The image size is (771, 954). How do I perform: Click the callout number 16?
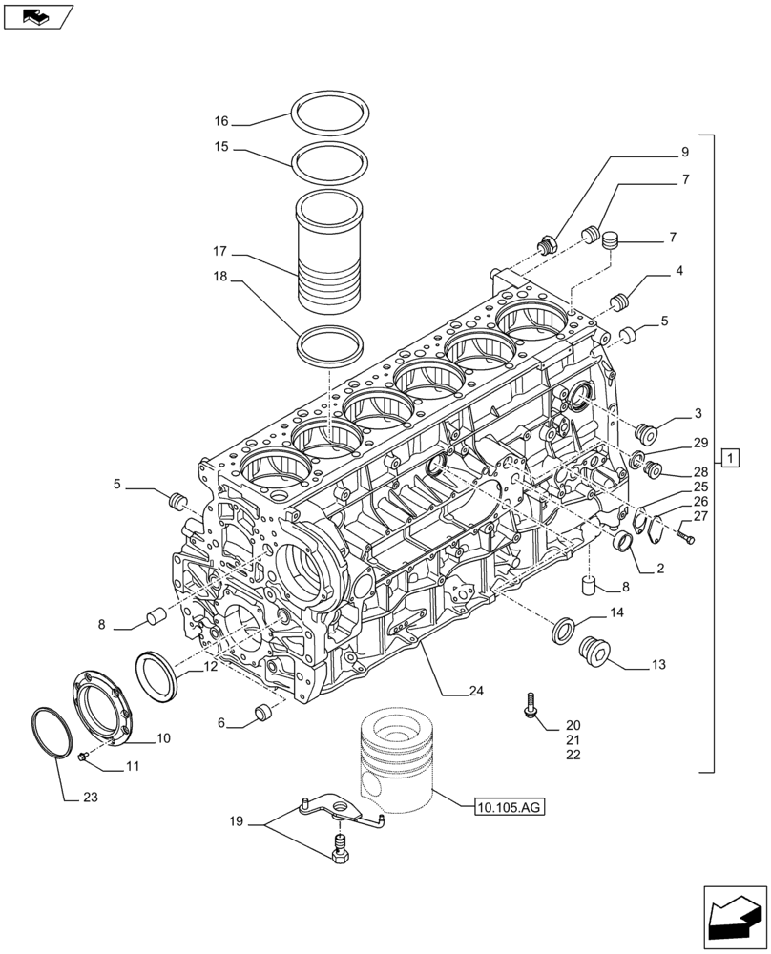(x=221, y=122)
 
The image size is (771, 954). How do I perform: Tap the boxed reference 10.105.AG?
(x=507, y=808)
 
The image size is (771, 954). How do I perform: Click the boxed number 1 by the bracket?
(x=730, y=460)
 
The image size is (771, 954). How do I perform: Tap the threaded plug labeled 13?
(x=596, y=652)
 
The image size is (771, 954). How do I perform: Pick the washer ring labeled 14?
(x=564, y=630)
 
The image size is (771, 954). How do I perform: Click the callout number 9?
(x=684, y=152)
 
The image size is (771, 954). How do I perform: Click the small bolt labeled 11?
(x=83, y=757)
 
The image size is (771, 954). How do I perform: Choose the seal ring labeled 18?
(x=331, y=345)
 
